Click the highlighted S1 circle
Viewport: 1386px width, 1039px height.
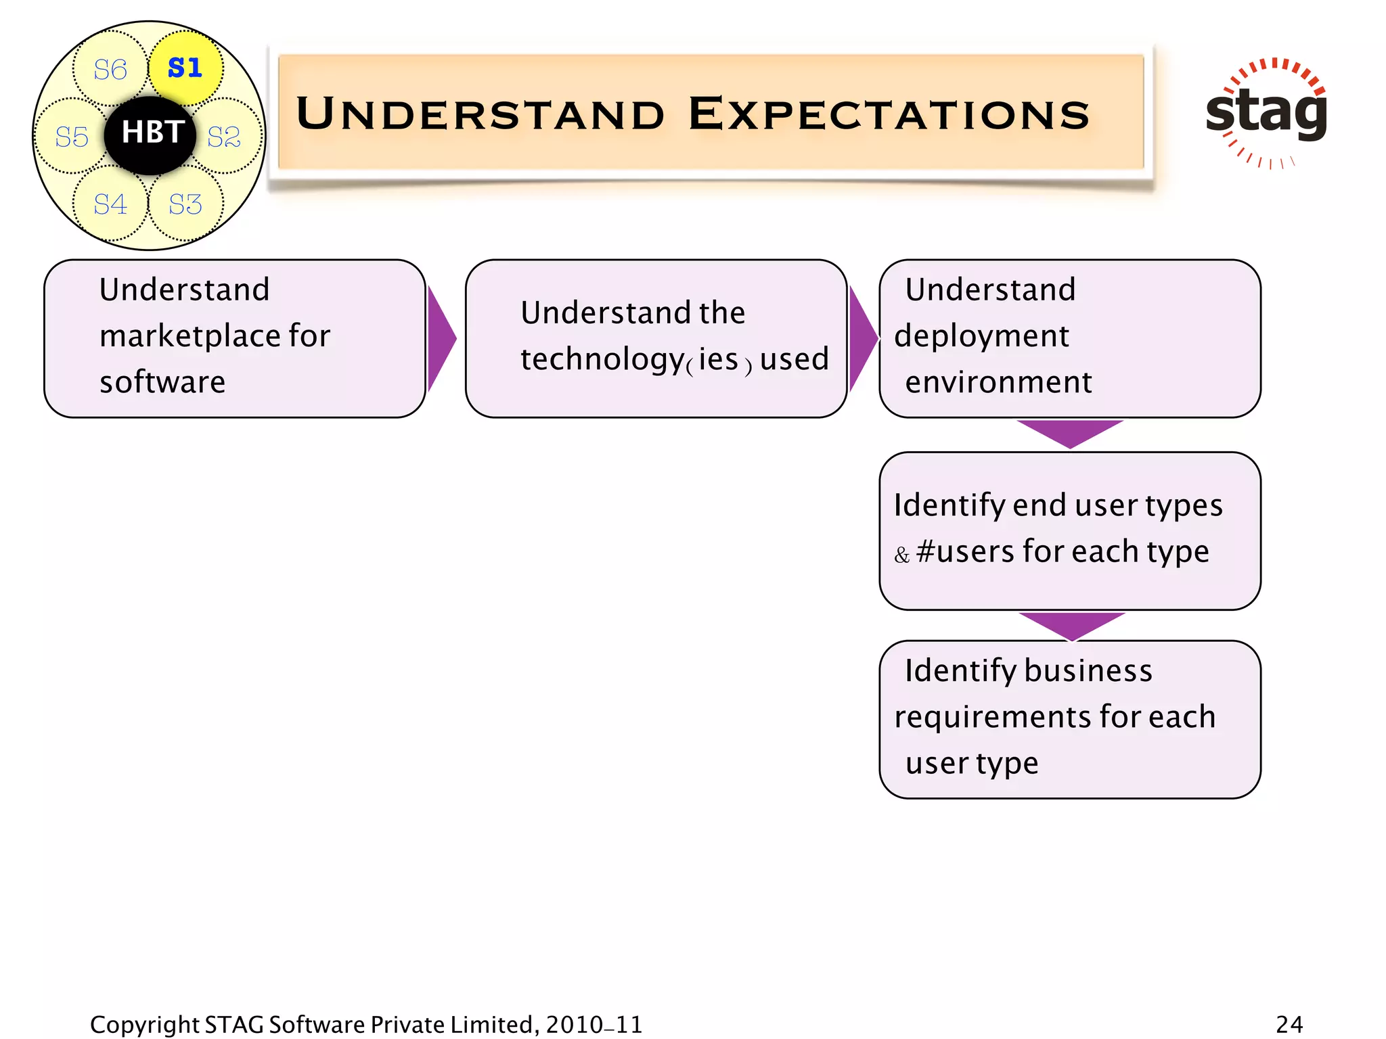185,68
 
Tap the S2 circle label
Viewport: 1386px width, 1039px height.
224,137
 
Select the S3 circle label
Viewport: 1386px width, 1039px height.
185,204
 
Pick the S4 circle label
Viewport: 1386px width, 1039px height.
110,204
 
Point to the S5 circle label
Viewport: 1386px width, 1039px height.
72,137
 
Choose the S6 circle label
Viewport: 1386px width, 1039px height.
110,69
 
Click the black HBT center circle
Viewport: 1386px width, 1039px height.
151,133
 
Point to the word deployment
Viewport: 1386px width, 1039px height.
981,336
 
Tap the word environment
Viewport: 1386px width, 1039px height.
998,382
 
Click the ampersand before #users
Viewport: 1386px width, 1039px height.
901,556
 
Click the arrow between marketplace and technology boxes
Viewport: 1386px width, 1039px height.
441,338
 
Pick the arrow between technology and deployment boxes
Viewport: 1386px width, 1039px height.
862,338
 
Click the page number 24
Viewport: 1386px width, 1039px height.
1289,1024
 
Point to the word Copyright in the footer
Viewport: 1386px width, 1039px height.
144,1025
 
